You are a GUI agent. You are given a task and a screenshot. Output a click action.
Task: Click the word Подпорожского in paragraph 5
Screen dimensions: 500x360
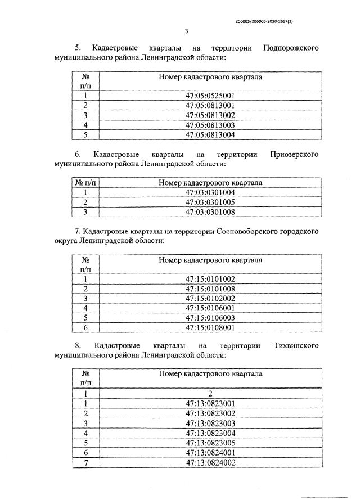click(x=291, y=48)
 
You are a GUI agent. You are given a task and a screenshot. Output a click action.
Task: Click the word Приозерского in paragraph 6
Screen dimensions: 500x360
click(x=294, y=154)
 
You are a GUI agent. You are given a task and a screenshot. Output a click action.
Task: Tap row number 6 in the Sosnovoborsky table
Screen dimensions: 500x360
click(x=86, y=327)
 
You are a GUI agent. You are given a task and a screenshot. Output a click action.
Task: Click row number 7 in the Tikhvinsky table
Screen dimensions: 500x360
click(x=86, y=462)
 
